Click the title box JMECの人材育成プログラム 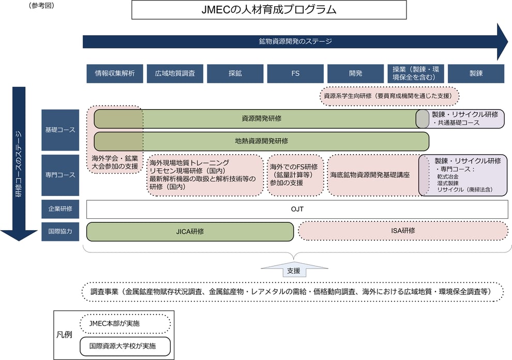(x=269, y=10)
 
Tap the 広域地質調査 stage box (x=175, y=73)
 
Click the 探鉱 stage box (x=235, y=73)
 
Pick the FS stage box (x=295, y=73)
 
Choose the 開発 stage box (x=356, y=73)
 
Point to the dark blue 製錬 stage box (x=476, y=73)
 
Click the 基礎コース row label (x=61, y=130)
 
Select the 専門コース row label (x=61, y=175)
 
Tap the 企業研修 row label (x=61, y=209)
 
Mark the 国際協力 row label (x=61, y=231)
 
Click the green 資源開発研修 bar (x=261, y=118)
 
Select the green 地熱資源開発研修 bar (x=261, y=141)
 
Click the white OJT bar (x=297, y=209)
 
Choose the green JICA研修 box (x=190, y=231)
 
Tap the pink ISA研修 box (x=403, y=231)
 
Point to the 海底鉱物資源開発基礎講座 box (x=371, y=175)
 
